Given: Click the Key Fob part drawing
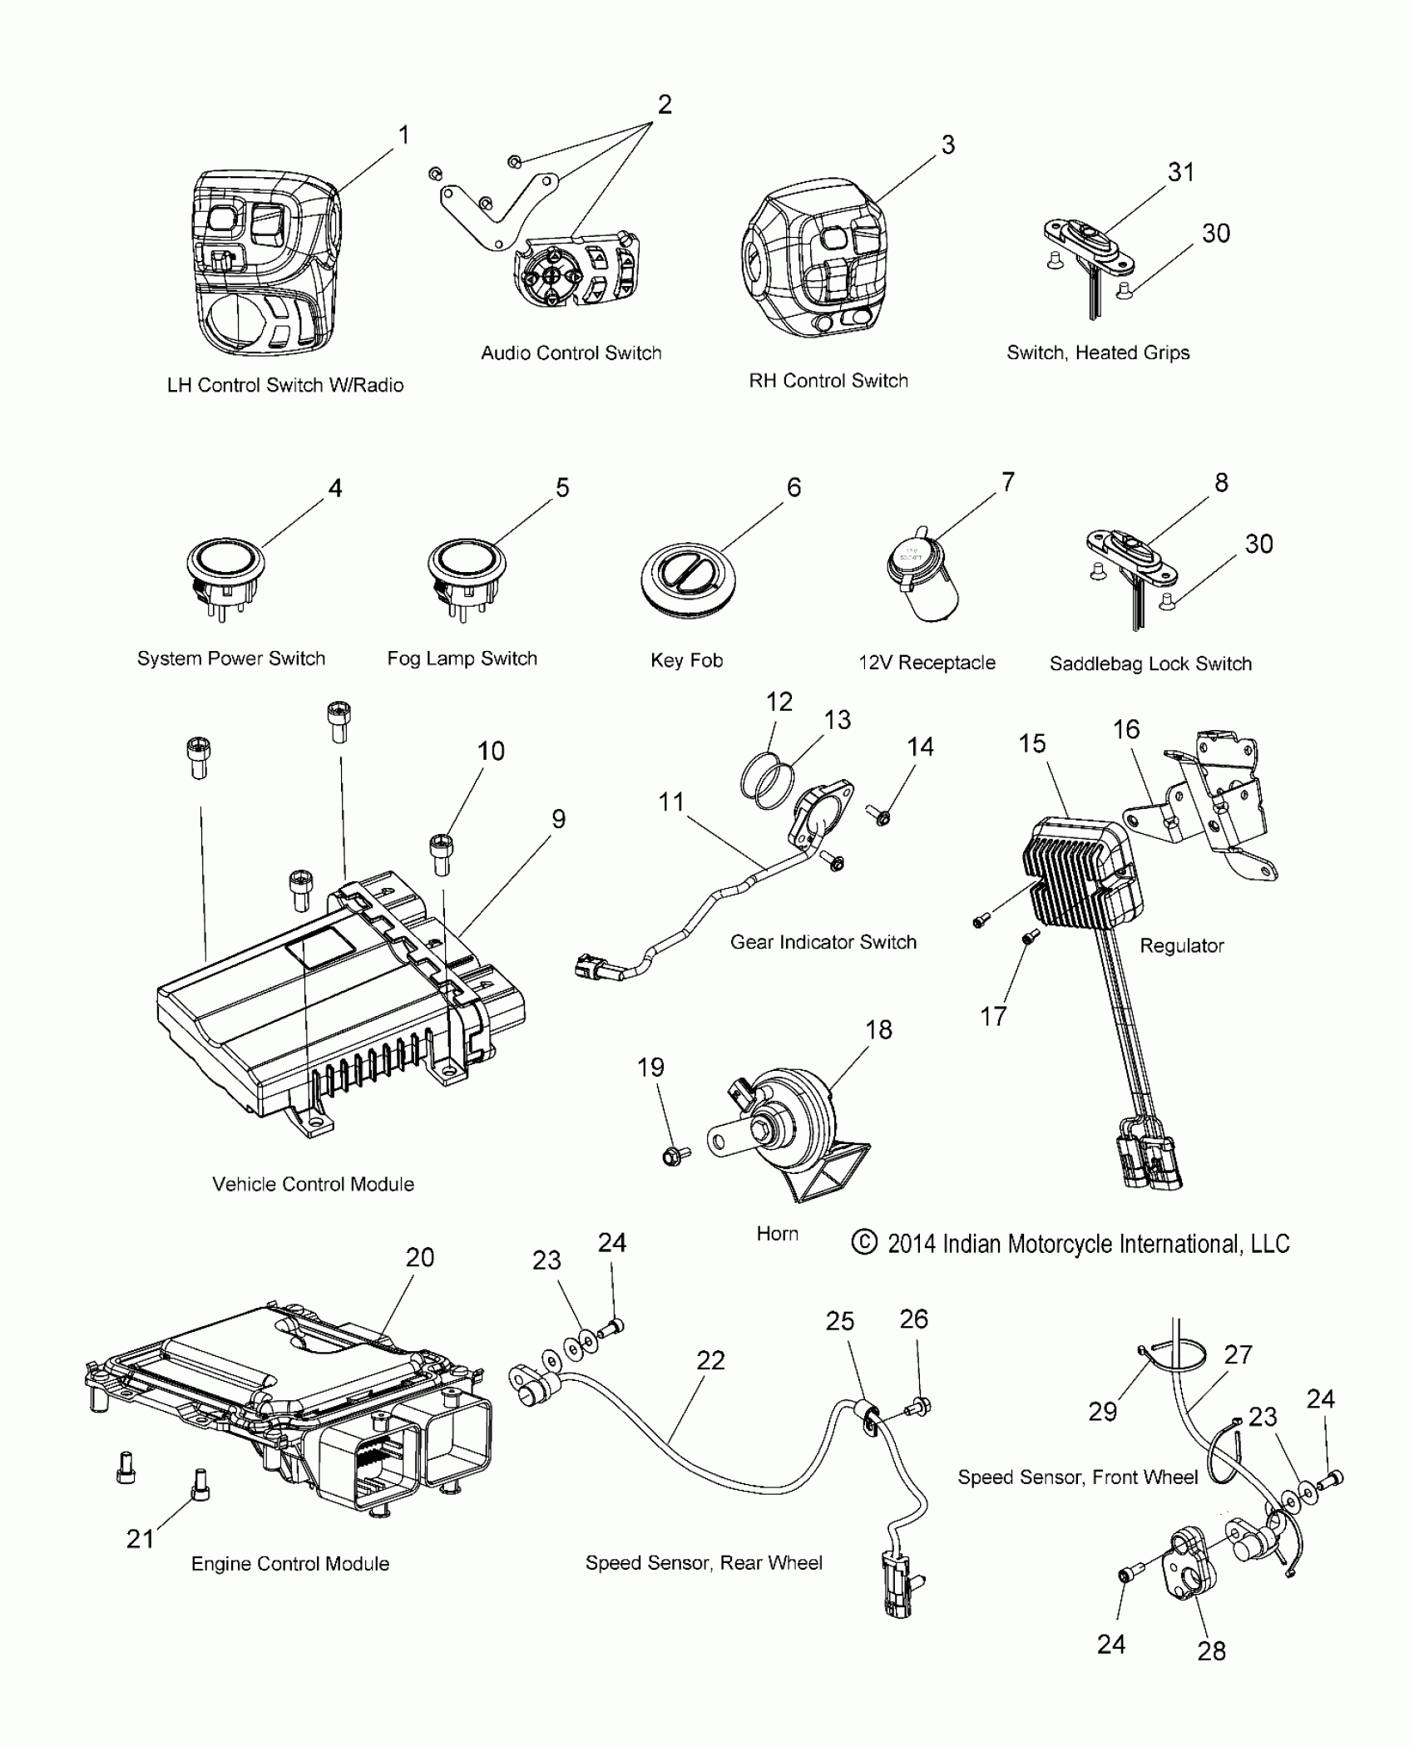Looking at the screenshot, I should [x=690, y=581].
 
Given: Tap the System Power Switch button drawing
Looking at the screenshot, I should [x=223, y=569].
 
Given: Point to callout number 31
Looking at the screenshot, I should [x=1180, y=173].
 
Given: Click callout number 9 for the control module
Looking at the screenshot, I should [x=558, y=819].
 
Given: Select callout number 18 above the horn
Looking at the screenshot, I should [x=878, y=1029].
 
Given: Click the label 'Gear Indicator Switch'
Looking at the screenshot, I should [x=823, y=942].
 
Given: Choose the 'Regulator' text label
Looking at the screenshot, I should [x=1181, y=945].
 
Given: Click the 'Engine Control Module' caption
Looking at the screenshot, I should [x=289, y=1564].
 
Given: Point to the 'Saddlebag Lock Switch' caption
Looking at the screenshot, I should [x=1149, y=663].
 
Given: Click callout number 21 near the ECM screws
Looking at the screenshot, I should [x=140, y=1539].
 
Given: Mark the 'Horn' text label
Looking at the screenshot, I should [x=777, y=1233].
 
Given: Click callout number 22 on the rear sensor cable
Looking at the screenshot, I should [x=710, y=1360].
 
